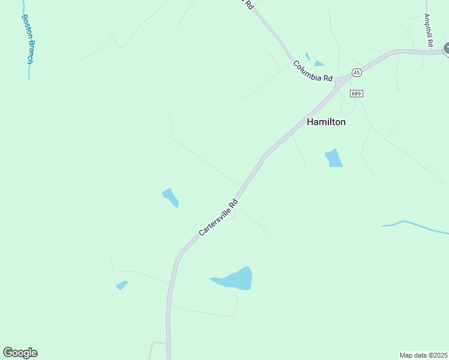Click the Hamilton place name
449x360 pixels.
[x=326, y=121]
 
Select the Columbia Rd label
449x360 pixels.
[x=312, y=71]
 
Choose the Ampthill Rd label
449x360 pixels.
[x=429, y=27]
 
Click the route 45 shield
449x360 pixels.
[x=357, y=73]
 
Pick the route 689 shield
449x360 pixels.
[x=357, y=94]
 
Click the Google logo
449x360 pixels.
[x=20, y=353]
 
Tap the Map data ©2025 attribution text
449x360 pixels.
[x=423, y=355]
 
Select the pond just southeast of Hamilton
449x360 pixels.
[x=334, y=158]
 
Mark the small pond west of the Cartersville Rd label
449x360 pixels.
[x=170, y=197]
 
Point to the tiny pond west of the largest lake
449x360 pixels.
[x=122, y=285]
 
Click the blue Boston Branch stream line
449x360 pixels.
[x=28, y=66]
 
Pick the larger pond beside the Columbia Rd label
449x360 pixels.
[x=318, y=64]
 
